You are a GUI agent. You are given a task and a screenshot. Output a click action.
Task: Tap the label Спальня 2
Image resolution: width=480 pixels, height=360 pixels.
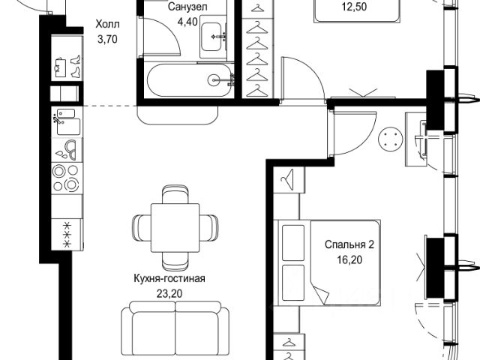pos(349,245)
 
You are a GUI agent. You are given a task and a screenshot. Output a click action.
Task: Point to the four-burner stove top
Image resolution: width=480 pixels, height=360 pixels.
pos(65,177)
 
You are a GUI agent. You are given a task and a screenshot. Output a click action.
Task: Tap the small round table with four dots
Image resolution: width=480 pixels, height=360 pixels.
pos(390,138)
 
